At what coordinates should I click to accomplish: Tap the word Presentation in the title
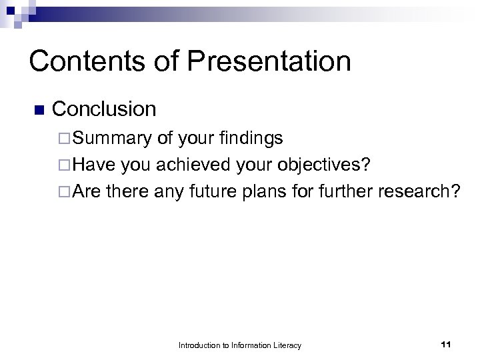pyautogui.click(x=269, y=61)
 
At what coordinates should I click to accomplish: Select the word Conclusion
pyautogui.click(x=104, y=109)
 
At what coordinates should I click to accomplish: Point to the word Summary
pyautogui.click(x=113, y=138)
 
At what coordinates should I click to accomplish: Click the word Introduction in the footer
pyautogui.click(x=198, y=345)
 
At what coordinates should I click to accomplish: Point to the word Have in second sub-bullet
pyautogui.click(x=93, y=165)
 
